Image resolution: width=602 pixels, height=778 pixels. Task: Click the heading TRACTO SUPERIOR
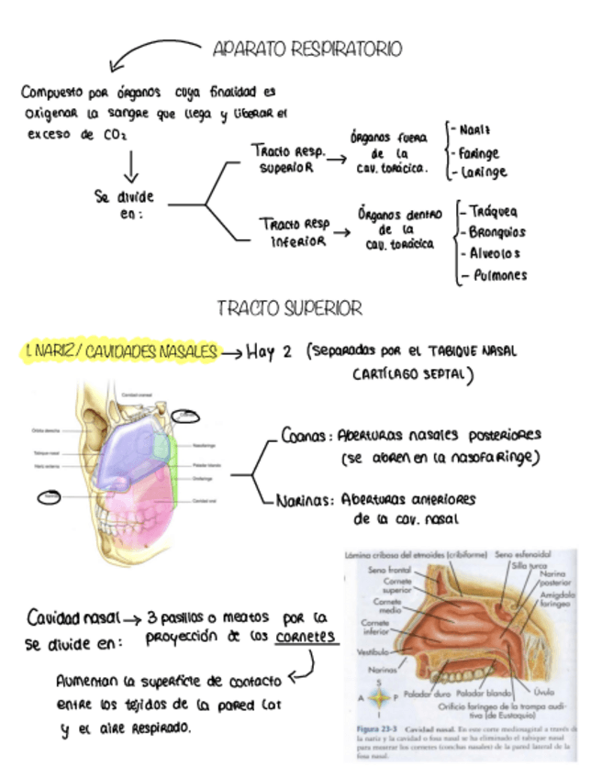pos(289,308)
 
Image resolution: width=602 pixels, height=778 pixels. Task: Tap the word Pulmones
pos(497,274)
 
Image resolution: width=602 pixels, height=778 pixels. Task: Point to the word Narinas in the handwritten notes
pos(307,501)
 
